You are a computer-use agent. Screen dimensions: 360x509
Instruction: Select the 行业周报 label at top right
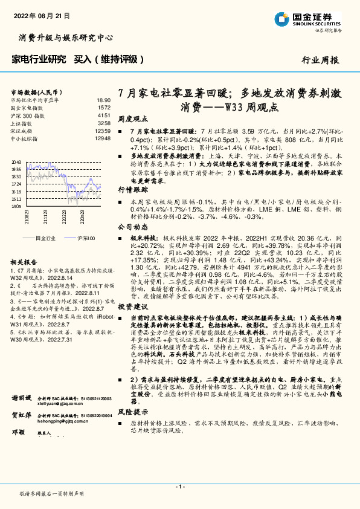click(320, 60)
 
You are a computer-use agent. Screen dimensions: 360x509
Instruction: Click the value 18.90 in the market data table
click(103, 100)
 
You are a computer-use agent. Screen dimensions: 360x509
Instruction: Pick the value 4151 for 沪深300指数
click(104, 115)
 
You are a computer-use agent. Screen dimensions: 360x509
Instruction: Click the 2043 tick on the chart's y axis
click(16, 162)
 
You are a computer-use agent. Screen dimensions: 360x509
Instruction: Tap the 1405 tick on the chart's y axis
click(16, 206)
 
